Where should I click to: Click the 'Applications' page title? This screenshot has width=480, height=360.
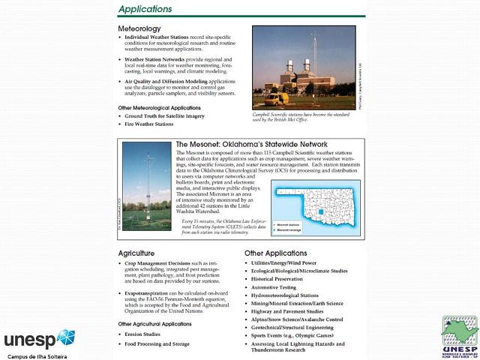click(145, 9)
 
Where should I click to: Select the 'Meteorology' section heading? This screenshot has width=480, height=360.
click(139, 28)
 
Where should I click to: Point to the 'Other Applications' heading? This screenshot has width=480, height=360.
click(275, 253)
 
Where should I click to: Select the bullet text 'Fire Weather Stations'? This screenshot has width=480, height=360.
click(148, 124)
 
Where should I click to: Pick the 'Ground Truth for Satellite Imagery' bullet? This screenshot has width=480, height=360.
click(164, 116)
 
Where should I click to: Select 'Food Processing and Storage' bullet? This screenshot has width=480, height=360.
click(157, 343)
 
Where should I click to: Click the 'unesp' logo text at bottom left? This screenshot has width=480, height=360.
click(28, 337)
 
